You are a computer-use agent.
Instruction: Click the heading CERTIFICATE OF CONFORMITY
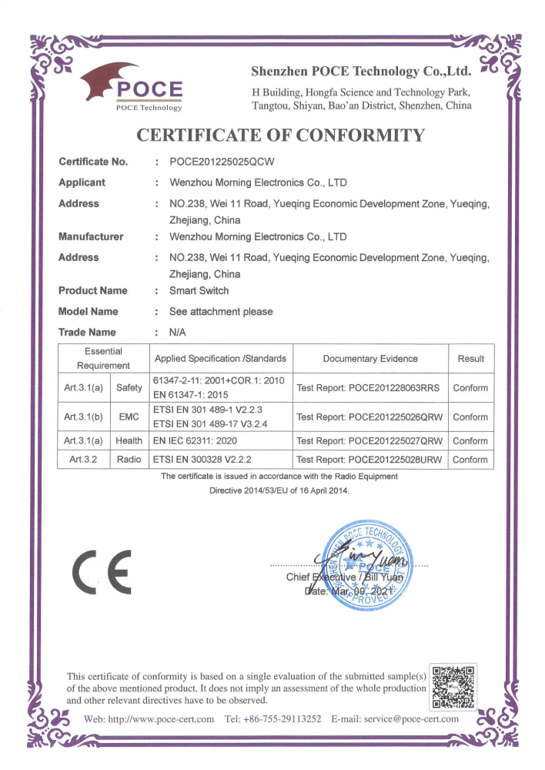point(280,136)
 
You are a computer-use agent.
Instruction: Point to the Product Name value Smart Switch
point(199,291)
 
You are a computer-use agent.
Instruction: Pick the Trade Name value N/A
point(179,333)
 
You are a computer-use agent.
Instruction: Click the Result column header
point(470,358)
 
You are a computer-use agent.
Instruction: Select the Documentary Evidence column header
point(370,358)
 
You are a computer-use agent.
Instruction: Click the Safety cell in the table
point(129,388)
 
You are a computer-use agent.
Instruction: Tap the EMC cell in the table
point(129,417)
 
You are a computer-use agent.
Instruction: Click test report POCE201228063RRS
point(368,388)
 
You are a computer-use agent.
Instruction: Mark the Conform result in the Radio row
point(470,460)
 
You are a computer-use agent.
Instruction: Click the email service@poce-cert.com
point(394,719)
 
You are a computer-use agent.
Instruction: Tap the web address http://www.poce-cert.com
point(149,719)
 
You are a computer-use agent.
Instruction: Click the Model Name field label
point(89,312)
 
